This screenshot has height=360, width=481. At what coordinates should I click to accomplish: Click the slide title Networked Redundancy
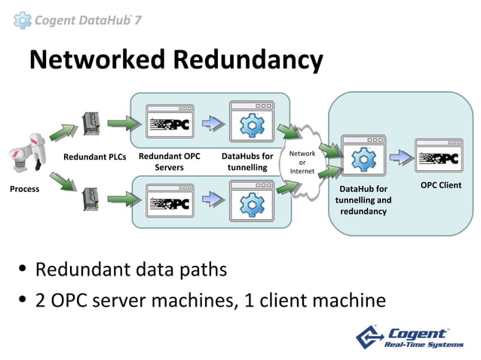click(x=176, y=59)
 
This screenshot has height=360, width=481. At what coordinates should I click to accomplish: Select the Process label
click(x=24, y=189)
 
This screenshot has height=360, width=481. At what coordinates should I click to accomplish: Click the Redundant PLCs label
click(x=94, y=157)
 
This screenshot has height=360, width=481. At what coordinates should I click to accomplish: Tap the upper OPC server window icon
click(x=170, y=123)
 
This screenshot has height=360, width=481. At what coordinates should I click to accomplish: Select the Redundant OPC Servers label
click(x=170, y=162)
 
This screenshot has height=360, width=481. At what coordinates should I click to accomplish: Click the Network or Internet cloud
click(x=302, y=162)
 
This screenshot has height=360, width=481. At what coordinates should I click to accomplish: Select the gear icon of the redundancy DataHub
click(x=364, y=157)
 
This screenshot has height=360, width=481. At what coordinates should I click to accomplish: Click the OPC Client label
click(x=440, y=185)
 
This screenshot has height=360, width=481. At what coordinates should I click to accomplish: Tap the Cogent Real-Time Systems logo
click(x=412, y=337)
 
